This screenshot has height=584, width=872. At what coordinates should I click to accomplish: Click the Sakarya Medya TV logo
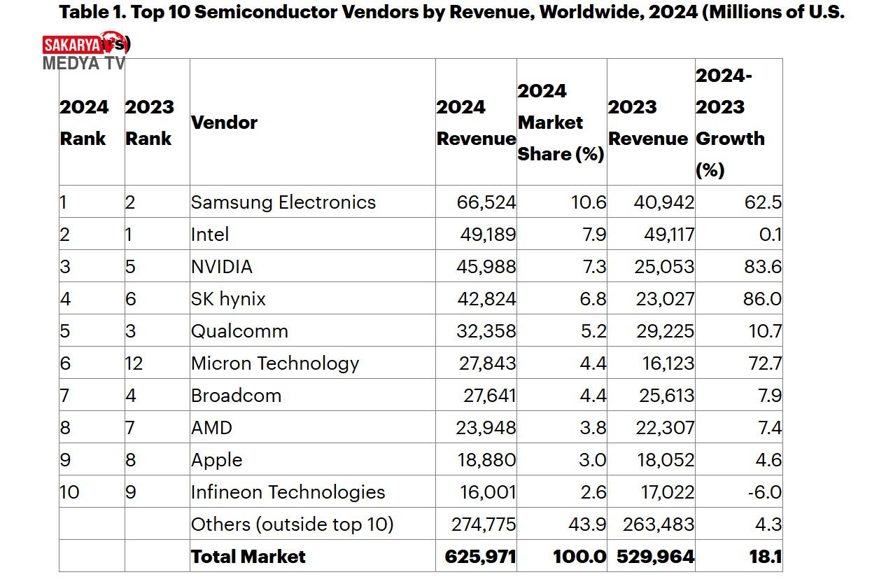[85, 51]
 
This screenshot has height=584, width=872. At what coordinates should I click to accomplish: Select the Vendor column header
[224, 123]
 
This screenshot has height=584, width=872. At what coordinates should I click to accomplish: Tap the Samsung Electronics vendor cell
[283, 202]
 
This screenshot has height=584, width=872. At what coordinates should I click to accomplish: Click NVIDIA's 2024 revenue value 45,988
[486, 267]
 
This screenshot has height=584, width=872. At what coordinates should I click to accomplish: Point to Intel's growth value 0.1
[770, 235]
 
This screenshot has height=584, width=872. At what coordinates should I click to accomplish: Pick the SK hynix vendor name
[228, 299]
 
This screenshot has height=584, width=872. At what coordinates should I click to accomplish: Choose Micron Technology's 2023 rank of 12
[134, 363]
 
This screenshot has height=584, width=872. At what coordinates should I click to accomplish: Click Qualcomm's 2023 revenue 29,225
[665, 331]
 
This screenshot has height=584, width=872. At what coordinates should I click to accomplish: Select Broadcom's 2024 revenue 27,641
[489, 396]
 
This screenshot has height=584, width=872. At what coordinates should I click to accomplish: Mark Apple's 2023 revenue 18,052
[664, 460]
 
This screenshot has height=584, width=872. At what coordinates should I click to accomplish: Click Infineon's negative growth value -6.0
[764, 492]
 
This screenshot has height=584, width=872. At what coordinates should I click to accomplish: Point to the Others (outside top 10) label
[292, 524]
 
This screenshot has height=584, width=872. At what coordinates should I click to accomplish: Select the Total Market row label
[248, 557]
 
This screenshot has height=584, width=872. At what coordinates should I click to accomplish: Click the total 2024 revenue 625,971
[480, 557]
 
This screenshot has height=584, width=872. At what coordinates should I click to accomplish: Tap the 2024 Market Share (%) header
[561, 123]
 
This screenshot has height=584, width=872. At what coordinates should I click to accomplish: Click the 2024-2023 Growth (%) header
[730, 123]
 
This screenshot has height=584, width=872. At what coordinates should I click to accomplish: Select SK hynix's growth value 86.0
[764, 299]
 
